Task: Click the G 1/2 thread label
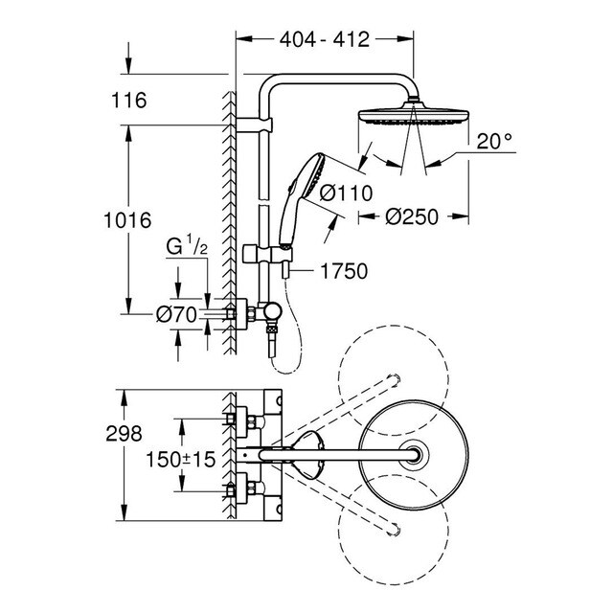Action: click(187, 247)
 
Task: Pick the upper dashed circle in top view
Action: click(392, 377)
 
